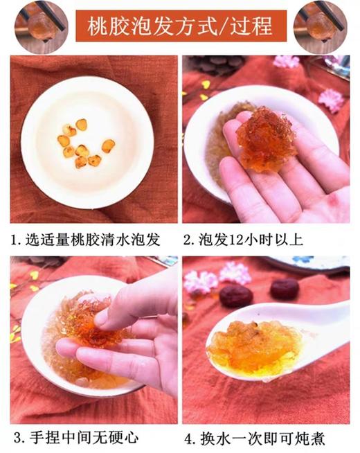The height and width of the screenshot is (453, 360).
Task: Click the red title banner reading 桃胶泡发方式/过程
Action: (180, 26)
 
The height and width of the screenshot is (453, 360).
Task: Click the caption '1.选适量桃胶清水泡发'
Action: (87, 240)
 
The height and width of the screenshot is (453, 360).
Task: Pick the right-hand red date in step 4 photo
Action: (285, 288)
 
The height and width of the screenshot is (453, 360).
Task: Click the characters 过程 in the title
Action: (246, 26)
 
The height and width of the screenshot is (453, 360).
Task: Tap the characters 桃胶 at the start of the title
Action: (105, 26)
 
